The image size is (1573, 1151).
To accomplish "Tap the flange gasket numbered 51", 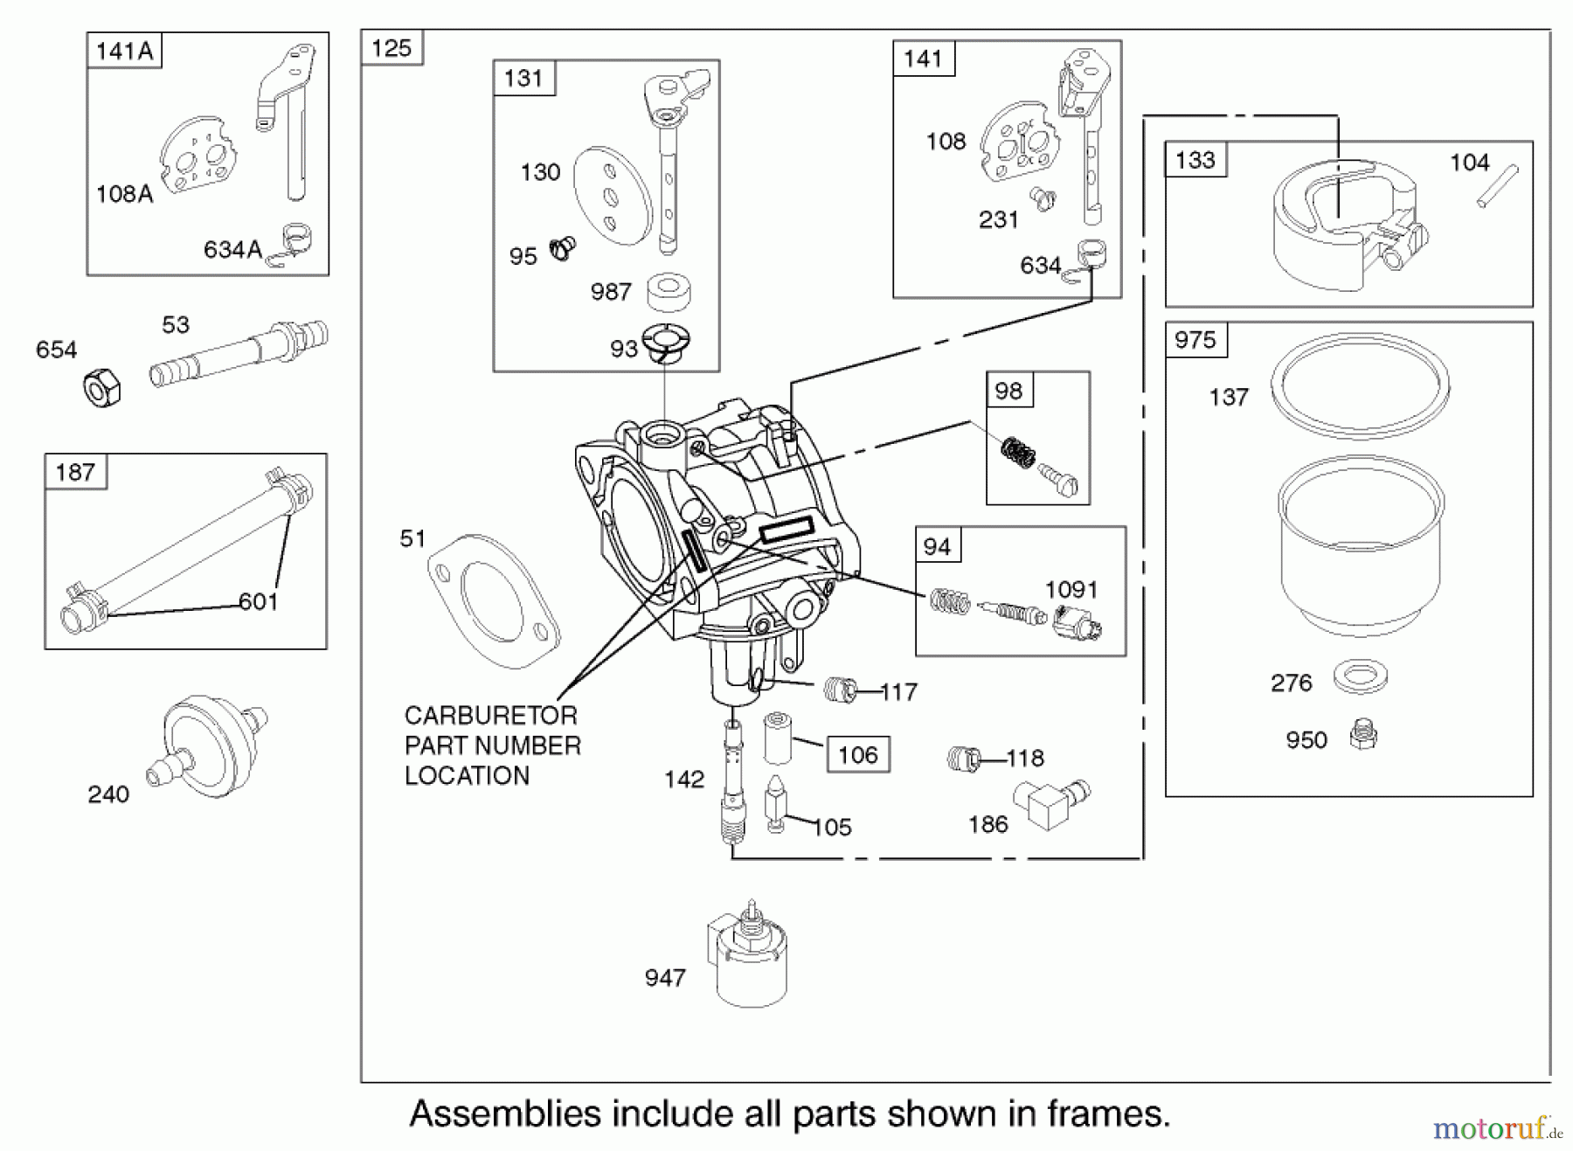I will tap(494, 600).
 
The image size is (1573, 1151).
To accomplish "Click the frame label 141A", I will tap(124, 52).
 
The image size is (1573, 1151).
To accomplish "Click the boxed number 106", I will tap(858, 755).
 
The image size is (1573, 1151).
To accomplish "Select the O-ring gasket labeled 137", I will tap(1360, 385).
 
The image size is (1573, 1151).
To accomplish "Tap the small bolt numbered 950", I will tap(1362, 735).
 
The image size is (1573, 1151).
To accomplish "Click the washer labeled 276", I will tap(1361, 676).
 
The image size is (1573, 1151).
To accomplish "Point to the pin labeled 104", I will tap(1498, 187).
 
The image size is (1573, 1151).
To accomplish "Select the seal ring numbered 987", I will tap(669, 292).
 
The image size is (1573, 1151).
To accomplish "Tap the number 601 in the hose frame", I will tap(258, 601).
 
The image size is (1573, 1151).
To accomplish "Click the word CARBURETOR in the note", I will tap(490, 716).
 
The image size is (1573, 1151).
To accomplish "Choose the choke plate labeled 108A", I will tap(199, 155).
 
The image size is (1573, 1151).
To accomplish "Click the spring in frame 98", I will tap(1017, 452).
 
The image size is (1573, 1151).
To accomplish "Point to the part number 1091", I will tap(1071, 590).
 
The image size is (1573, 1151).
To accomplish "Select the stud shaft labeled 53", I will tap(238, 353).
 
